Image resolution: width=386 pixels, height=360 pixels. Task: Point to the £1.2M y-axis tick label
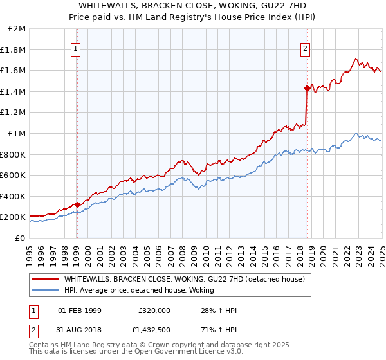(x=14, y=113)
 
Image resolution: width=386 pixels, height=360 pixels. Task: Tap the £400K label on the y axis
(x=14, y=196)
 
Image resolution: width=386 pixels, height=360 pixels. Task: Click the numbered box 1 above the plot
(x=77, y=48)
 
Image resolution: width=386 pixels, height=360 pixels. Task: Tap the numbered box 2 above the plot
(x=305, y=48)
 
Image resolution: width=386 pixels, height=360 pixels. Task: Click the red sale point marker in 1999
(x=77, y=205)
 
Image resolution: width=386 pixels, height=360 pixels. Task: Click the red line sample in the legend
(x=45, y=279)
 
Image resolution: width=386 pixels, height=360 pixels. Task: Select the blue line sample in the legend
(x=45, y=291)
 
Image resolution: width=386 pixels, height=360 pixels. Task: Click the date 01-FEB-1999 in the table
(x=80, y=310)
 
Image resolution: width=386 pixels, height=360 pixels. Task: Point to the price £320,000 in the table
(x=153, y=310)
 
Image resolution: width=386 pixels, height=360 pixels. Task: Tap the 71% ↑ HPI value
(x=219, y=328)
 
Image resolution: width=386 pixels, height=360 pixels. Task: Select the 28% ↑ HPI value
(x=219, y=310)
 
